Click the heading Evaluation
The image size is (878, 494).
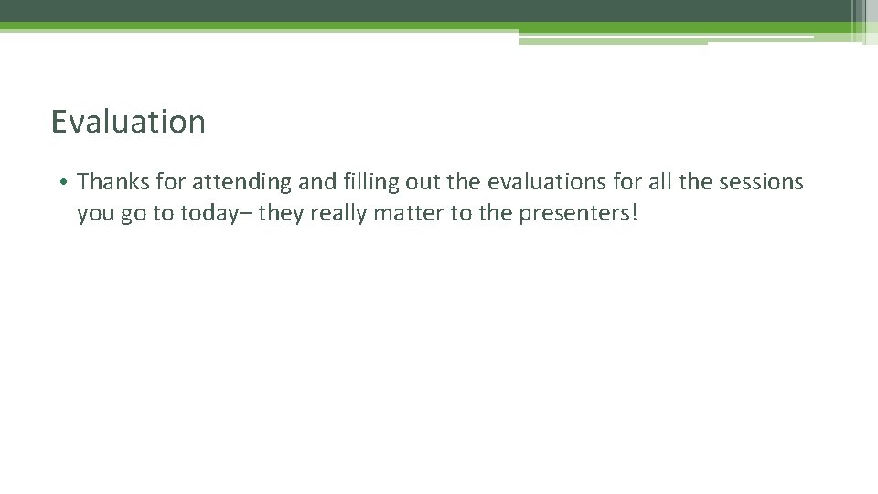[128, 122]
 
